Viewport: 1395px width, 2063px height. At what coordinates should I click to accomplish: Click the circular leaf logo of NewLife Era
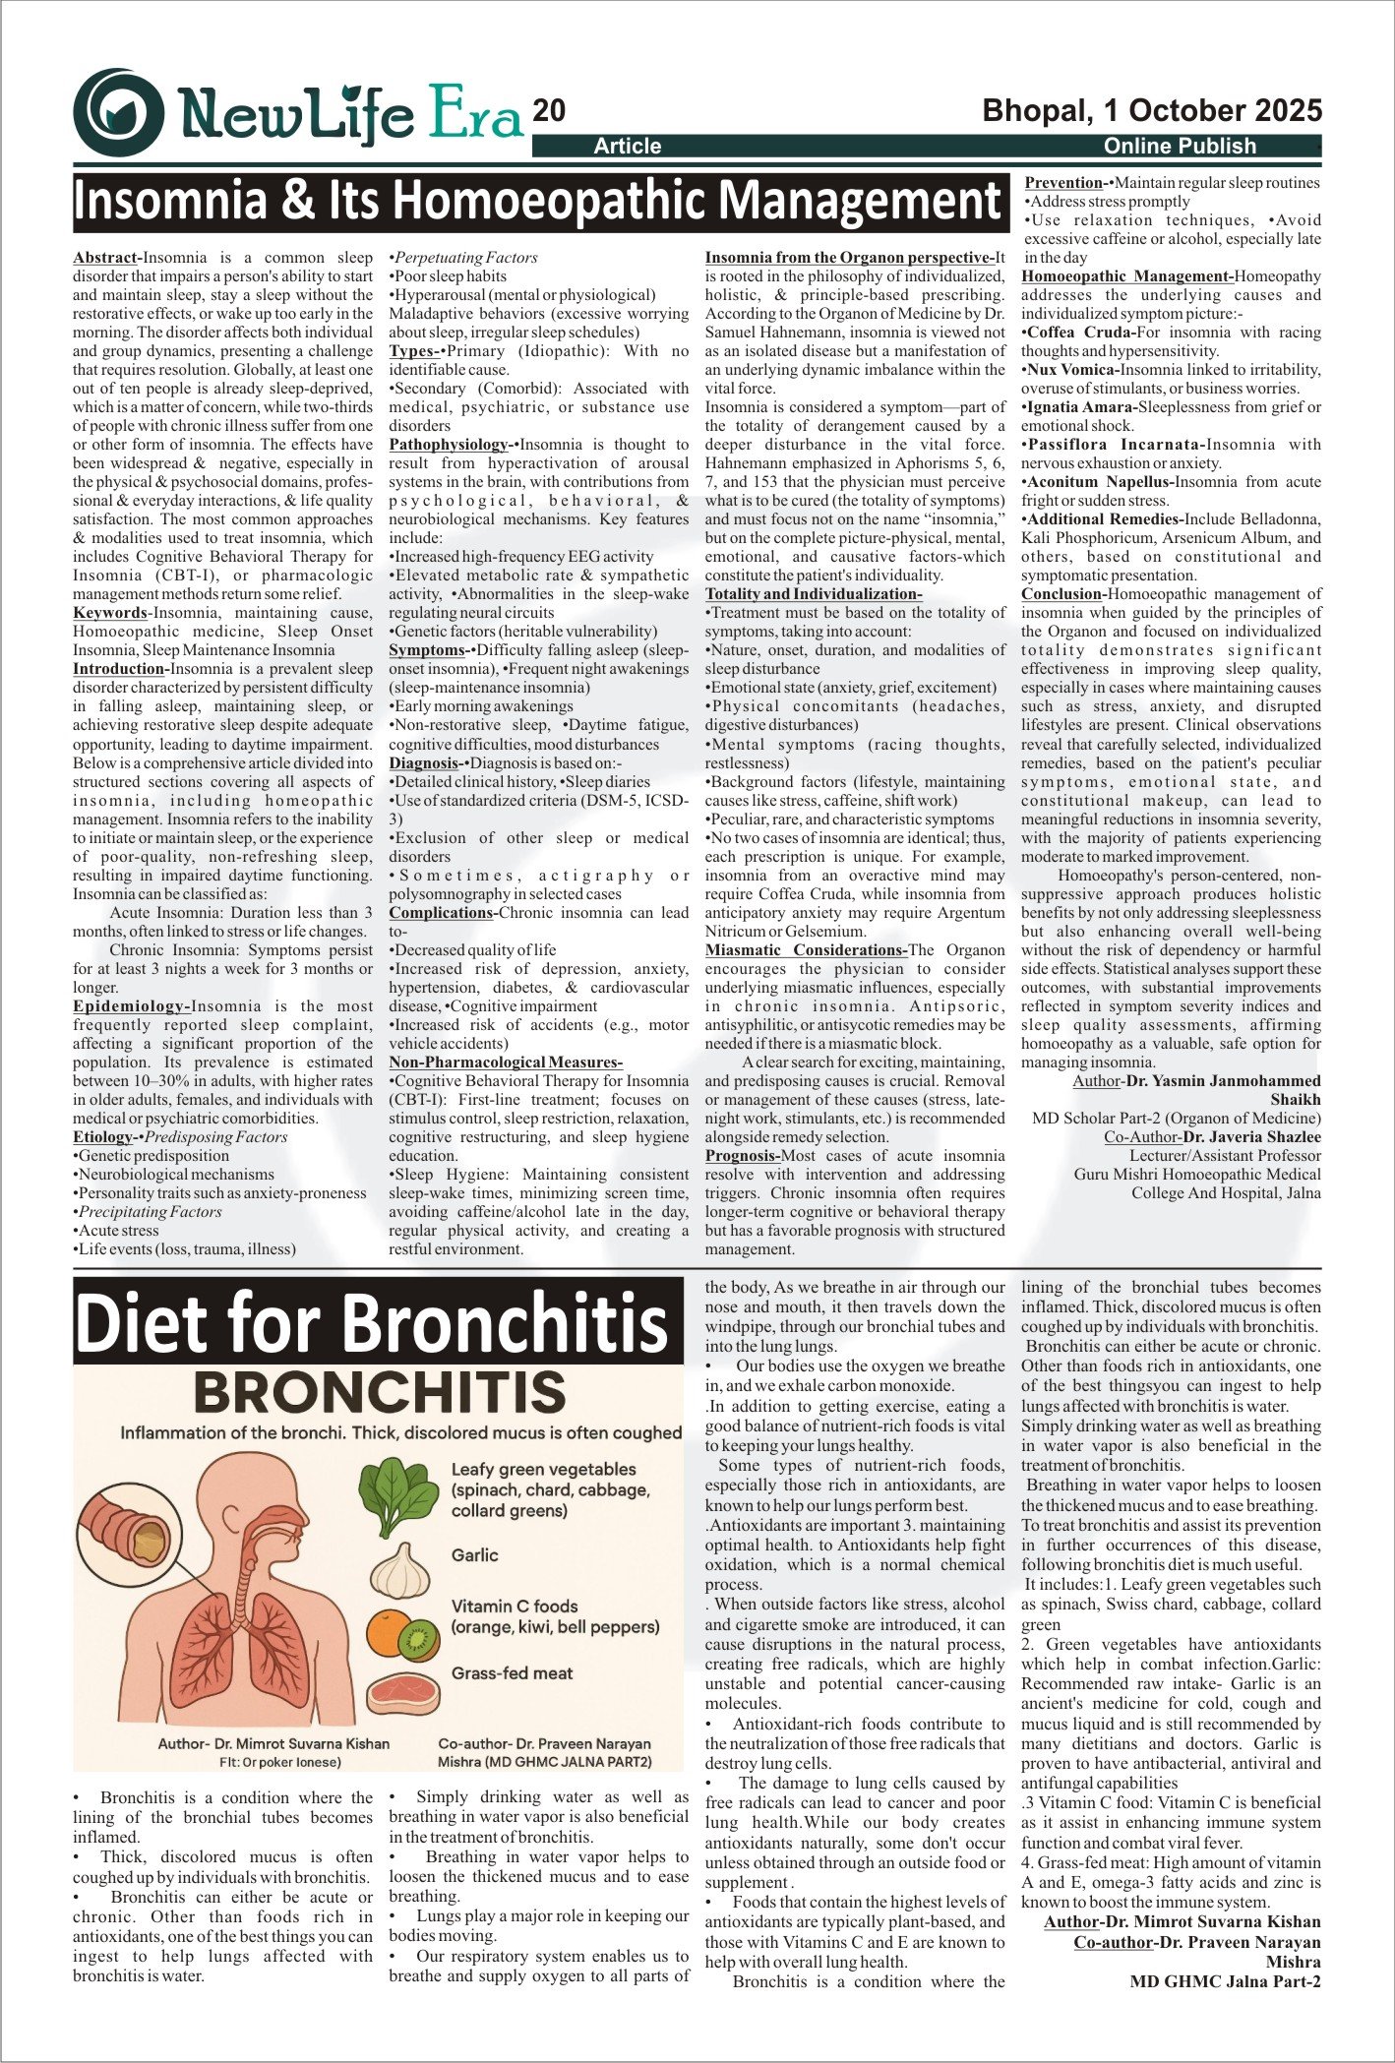point(119,112)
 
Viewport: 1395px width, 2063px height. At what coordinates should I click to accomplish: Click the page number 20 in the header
point(549,111)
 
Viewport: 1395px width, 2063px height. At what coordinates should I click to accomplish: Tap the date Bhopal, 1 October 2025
point(1152,110)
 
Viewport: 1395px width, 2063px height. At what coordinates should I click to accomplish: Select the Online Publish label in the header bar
point(1180,147)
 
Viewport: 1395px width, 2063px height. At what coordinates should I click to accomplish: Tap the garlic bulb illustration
point(401,1571)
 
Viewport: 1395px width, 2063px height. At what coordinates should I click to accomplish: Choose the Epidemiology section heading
point(131,1006)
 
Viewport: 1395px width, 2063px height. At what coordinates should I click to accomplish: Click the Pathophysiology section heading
point(450,445)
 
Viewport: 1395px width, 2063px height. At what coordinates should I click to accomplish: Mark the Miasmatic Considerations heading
point(806,950)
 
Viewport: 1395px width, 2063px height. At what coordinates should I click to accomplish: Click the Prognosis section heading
point(742,1156)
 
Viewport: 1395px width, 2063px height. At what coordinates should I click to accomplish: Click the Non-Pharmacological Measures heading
point(505,1062)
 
